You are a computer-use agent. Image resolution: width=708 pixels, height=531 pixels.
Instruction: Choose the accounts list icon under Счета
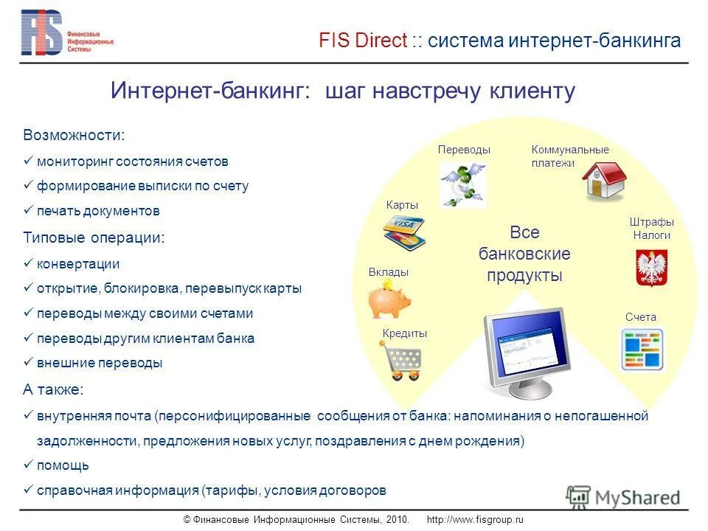pos(641,348)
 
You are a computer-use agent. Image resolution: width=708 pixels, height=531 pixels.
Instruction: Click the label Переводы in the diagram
pos(464,150)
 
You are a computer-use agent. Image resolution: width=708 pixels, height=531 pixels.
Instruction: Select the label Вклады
pos(389,272)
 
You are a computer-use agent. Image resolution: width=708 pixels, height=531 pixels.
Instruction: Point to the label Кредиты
pos(405,333)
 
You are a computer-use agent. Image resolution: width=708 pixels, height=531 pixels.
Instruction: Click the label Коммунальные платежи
pos(569,156)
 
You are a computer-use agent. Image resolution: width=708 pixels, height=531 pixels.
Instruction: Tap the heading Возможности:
pos(74,136)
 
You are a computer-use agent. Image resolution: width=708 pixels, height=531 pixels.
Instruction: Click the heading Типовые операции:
pos(94,238)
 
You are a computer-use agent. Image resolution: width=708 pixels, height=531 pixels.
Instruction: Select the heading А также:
pos(53,389)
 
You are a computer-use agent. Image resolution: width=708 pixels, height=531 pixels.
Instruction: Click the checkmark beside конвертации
pos(28,263)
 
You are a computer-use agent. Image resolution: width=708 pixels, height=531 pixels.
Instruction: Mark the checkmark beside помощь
pos(28,465)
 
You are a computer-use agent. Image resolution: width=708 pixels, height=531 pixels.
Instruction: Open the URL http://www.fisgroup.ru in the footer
pos(474,520)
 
